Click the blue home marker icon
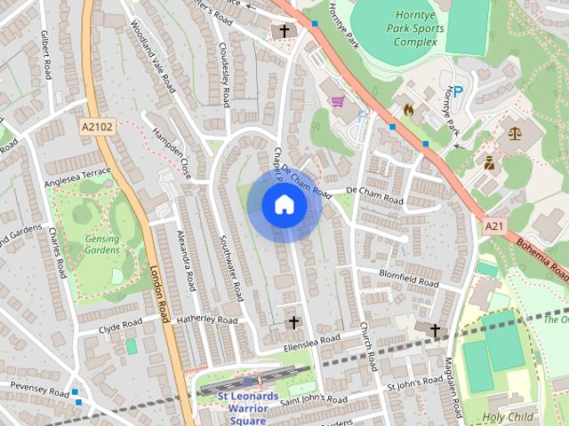coord(284,205)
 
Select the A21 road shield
coord(493,227)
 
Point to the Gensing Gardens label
coord(102,244)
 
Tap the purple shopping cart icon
coord(338,101)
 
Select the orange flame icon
coord(409,110)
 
